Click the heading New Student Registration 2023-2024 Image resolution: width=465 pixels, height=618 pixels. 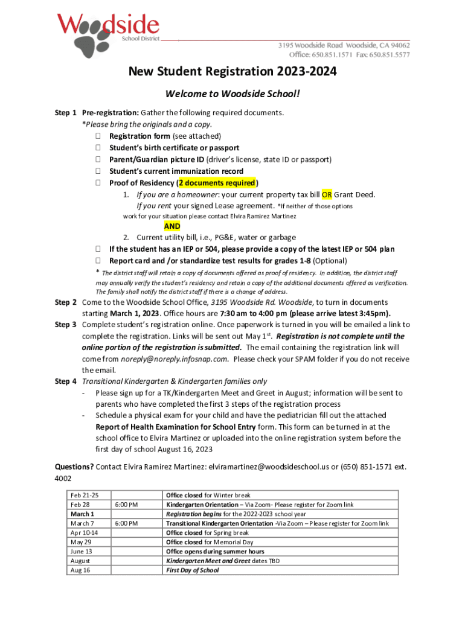pyautogui.click(x=232, y=72)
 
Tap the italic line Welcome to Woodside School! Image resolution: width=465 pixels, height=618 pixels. pyautogui.click(x=232, y=95)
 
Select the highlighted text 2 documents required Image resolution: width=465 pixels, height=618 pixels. pyautogui.click(x=217, y=183)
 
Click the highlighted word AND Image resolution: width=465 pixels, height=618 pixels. pyautogui.click(x=172, y=226)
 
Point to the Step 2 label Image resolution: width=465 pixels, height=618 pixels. pyautogui.click(x=66, y=302)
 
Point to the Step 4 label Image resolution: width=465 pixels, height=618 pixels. pyautogui.click(x=66, y=381)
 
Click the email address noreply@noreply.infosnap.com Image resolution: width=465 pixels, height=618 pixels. pyautogui.click(x=175, y=359)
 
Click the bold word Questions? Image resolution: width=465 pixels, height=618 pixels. pyautogui.click(x=74, y=467)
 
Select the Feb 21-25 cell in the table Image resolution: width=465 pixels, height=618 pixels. pyautogui.click(x=85, y=495)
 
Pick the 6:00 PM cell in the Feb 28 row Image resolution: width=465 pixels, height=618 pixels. pyautogui.click(x=126, y=505)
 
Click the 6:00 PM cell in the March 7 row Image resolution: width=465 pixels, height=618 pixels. pyautogui.click(x=126, y=523)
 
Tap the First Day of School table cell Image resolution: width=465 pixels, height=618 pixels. pyautogui.click(x=193, y=570)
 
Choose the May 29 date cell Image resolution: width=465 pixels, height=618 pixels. pyautogui.click(x=80, y=542)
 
